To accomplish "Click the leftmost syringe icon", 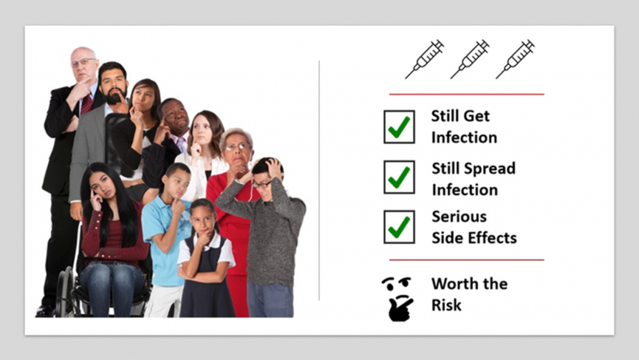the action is click(x=424, y=59).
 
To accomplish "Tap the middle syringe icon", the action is click(x=469, y=59).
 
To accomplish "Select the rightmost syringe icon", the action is click(x=515, y=59).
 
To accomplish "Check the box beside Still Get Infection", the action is click(x=399, y=127).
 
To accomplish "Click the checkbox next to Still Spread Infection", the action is click(x=399, y=177).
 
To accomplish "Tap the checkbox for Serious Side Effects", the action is click(x=399, y=227).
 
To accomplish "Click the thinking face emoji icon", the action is click(x=398, y=299).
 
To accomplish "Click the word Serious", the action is click(x=459, y=216).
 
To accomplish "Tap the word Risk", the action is click(x=446, y=305).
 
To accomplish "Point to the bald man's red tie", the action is click(x=87, y=104).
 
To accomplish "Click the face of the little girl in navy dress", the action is click(x=203, y=220).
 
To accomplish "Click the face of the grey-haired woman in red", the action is click(x=238, y=152).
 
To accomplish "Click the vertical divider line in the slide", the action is click(x=319, y=180).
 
